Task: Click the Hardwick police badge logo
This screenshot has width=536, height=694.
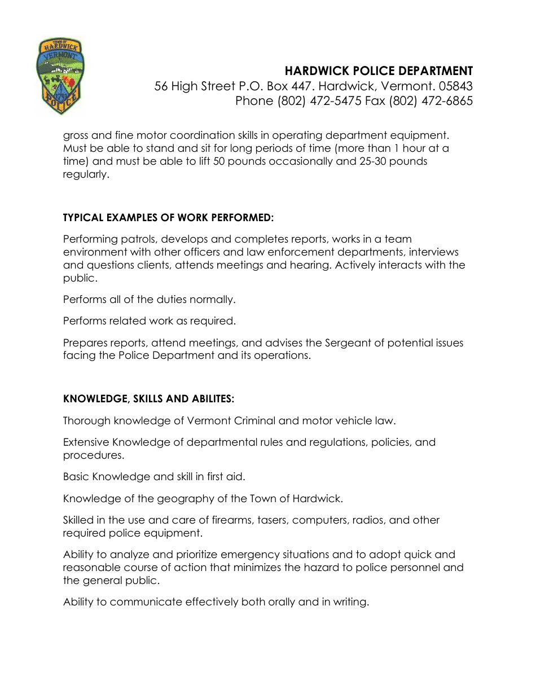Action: tap(61, 76)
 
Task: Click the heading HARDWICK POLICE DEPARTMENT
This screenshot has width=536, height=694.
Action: tap(379, 71)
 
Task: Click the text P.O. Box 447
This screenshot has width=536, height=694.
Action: tap(273, 86)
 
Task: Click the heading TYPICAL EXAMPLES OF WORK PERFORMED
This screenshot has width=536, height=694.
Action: tap(168, 218)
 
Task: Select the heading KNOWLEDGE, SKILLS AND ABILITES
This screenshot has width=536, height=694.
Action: tap(148, 399)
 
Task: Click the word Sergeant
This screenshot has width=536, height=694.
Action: tap(348, 342)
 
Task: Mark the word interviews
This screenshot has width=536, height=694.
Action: tap(433, 252)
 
